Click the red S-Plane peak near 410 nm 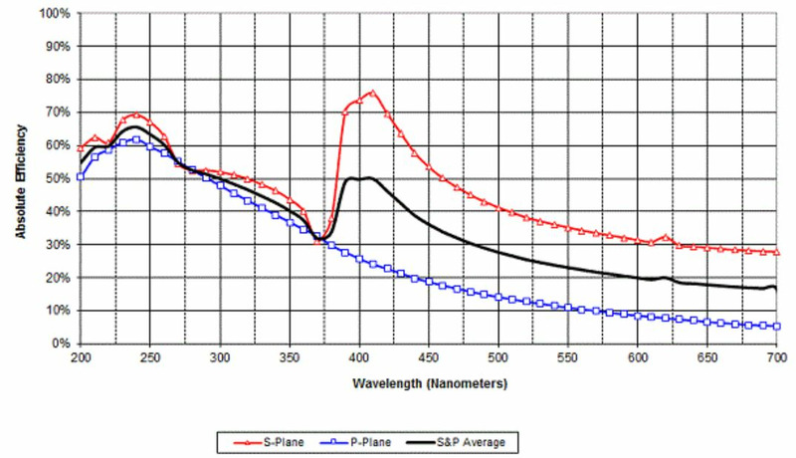coord(372,93)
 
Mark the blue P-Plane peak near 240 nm coord(135,139)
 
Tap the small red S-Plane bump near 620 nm coord(666,237)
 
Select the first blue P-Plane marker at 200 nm coord(81,177)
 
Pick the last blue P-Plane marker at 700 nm coord(776,327)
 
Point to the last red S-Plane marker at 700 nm coord(776,253)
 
